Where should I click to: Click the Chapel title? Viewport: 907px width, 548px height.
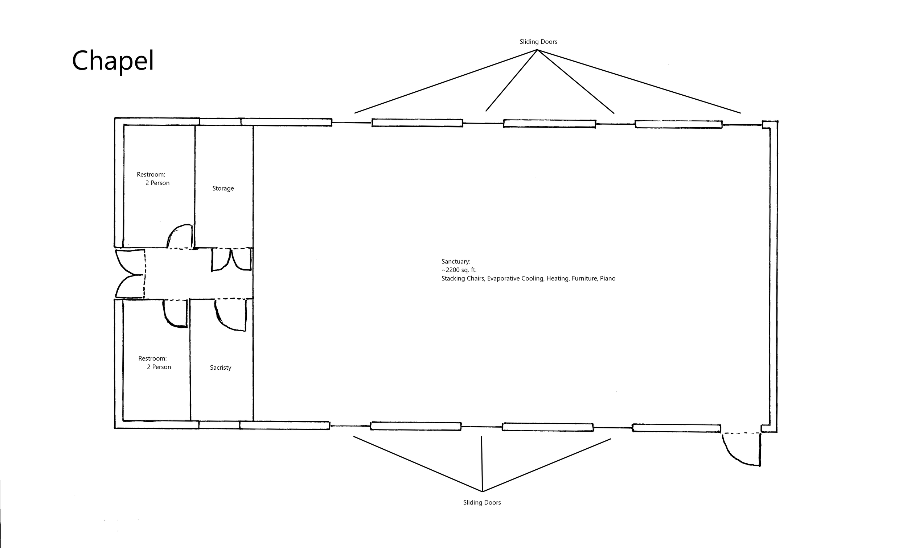click(112, 61)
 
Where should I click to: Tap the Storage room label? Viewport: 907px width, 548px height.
click(223, 188)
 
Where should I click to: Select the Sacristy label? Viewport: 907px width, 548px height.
click(221, 368)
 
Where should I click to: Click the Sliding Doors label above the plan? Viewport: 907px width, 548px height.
click(538, 42)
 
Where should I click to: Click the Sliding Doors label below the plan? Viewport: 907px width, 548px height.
click(482, 502)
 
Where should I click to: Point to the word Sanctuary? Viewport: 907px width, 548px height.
click(456, 261)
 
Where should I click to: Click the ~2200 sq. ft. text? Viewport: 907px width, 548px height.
click(459, 270)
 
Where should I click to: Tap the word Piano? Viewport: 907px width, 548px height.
click(607, 278)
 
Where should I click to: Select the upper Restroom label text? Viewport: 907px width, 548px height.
click(151, 175)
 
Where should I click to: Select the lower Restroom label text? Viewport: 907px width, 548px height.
click(152, 358)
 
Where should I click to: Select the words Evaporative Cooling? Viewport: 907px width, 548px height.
click(515, 278)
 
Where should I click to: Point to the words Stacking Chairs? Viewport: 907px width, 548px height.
click(463, 278)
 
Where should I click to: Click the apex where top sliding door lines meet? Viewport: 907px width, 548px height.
click(537, 50)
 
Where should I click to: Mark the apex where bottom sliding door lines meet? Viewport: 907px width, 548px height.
click(482, 491)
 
